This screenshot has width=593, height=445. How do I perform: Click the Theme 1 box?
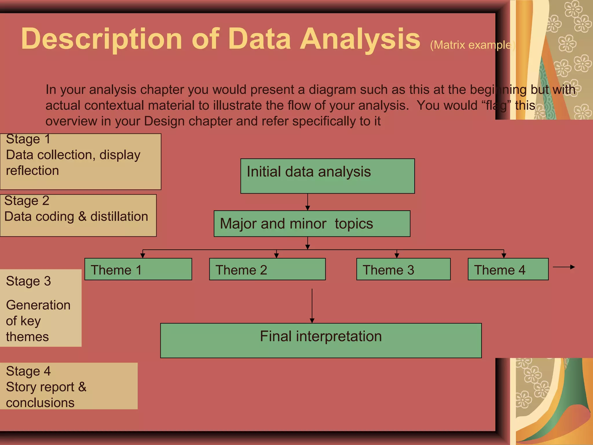point(138,269)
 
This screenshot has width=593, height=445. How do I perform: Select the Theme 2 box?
point(267,269)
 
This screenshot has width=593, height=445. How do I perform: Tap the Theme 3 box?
point(403,269)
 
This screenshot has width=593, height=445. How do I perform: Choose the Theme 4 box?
point(508,269)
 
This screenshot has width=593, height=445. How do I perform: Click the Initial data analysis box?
point(327,176)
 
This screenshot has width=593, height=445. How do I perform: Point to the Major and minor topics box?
point(312,224)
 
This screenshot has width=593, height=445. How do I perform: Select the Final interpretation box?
point(321,340)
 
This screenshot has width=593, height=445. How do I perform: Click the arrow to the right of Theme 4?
point(564,267)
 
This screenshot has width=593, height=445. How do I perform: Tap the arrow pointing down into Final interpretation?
point(312,306)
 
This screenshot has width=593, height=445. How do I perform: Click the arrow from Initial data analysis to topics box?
point(308,202)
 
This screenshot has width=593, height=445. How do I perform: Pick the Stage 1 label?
point(28,139)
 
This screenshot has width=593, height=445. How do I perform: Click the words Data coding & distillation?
point(76,216)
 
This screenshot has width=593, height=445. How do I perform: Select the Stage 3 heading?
point(28,281)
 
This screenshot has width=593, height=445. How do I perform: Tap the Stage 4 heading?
point(28,371)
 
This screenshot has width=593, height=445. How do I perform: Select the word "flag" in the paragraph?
point(496,105)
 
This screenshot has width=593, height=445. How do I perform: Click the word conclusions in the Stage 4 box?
point(40,403)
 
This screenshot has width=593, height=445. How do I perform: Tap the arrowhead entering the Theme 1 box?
point(142,256)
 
